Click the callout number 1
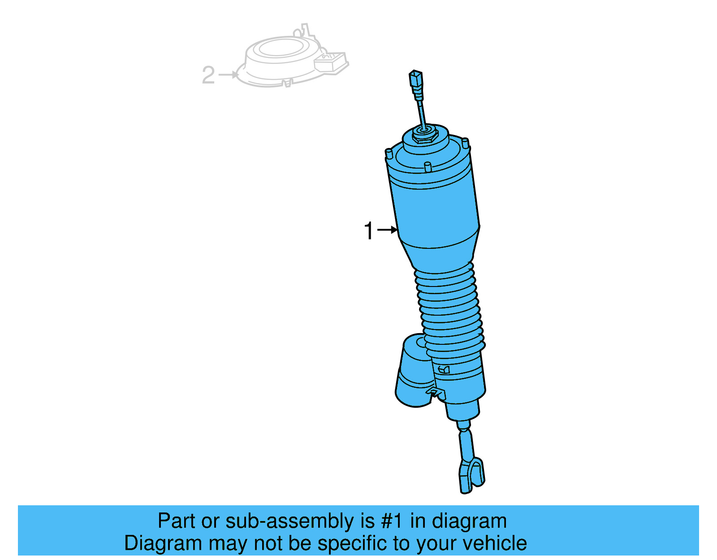(368, 231)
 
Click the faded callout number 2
(208, 75)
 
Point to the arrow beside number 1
(388, 230)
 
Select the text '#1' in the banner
(392, 521)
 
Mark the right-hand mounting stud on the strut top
(465, 143)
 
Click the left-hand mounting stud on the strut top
(389, 154)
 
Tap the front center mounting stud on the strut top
(428, 167)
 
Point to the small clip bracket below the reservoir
(436, 393)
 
